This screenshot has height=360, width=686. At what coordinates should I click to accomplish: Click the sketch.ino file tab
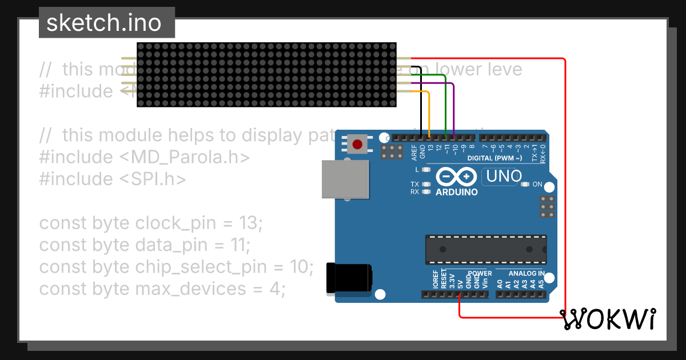[106, 23]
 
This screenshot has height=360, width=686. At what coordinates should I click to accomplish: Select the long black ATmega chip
[485, 250]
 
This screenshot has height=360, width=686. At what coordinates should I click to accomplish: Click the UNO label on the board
[504, 177]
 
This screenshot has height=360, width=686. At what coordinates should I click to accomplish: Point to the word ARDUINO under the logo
[456, 192]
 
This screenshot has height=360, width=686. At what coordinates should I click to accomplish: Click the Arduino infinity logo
[456, 177]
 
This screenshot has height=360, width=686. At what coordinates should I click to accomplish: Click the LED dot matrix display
[266, 74]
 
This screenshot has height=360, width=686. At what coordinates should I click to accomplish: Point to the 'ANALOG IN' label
[525, 273]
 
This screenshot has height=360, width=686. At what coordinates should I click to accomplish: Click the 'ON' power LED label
[537, 185]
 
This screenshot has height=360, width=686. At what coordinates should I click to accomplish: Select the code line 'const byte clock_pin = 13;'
[151, 223]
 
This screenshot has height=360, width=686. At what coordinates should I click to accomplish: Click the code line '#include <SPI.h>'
[113, 179]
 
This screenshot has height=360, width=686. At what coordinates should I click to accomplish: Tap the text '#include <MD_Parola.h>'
[145, 157]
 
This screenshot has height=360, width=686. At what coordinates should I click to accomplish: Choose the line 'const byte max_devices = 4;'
[162, 289]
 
